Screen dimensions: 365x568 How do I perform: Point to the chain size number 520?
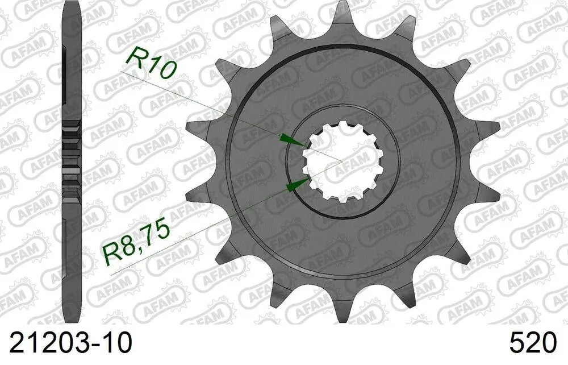point(533,343)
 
